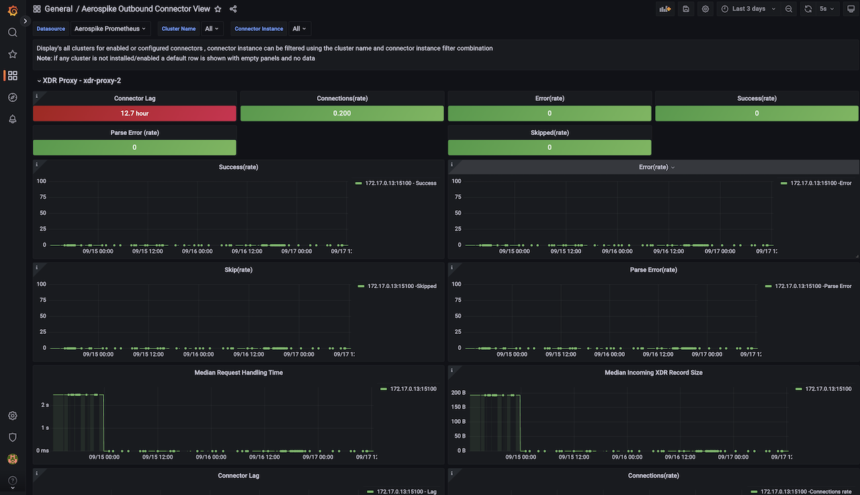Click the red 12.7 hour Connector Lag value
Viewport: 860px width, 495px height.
point(134,114)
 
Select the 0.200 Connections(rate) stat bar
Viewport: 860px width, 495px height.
point(341,114)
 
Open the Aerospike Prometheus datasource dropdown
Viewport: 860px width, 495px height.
point(110,29)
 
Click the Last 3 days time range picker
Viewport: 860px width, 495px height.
point(748,9)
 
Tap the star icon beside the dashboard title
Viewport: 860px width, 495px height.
point(218,9)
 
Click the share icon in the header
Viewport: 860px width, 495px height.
point(233,9)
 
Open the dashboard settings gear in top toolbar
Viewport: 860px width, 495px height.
point(705,9)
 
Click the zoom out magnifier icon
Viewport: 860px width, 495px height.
point(789,9)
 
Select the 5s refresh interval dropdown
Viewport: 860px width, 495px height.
point(826,9)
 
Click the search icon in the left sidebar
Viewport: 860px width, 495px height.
point(12,32)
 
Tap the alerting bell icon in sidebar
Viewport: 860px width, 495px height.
point(12,119)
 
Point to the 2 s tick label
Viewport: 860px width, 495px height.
point(44,405)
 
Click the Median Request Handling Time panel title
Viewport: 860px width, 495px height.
point(239,372)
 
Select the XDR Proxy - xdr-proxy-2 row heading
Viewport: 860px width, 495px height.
point(81,81)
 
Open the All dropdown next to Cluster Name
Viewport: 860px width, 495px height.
point(212,29)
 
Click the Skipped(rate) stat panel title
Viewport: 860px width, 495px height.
point(550,132)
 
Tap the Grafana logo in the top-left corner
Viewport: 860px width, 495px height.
point(12,10)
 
